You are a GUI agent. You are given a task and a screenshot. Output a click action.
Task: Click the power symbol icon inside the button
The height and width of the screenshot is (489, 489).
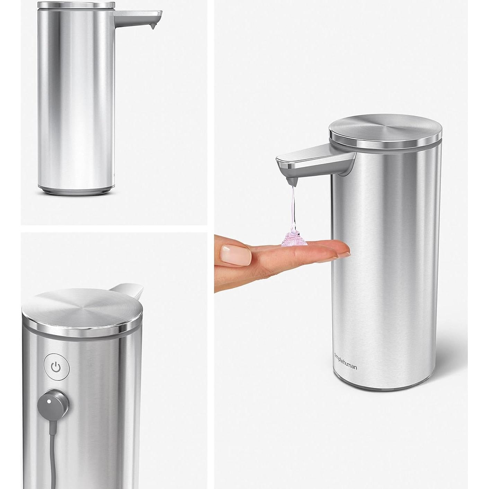(56, 367)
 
